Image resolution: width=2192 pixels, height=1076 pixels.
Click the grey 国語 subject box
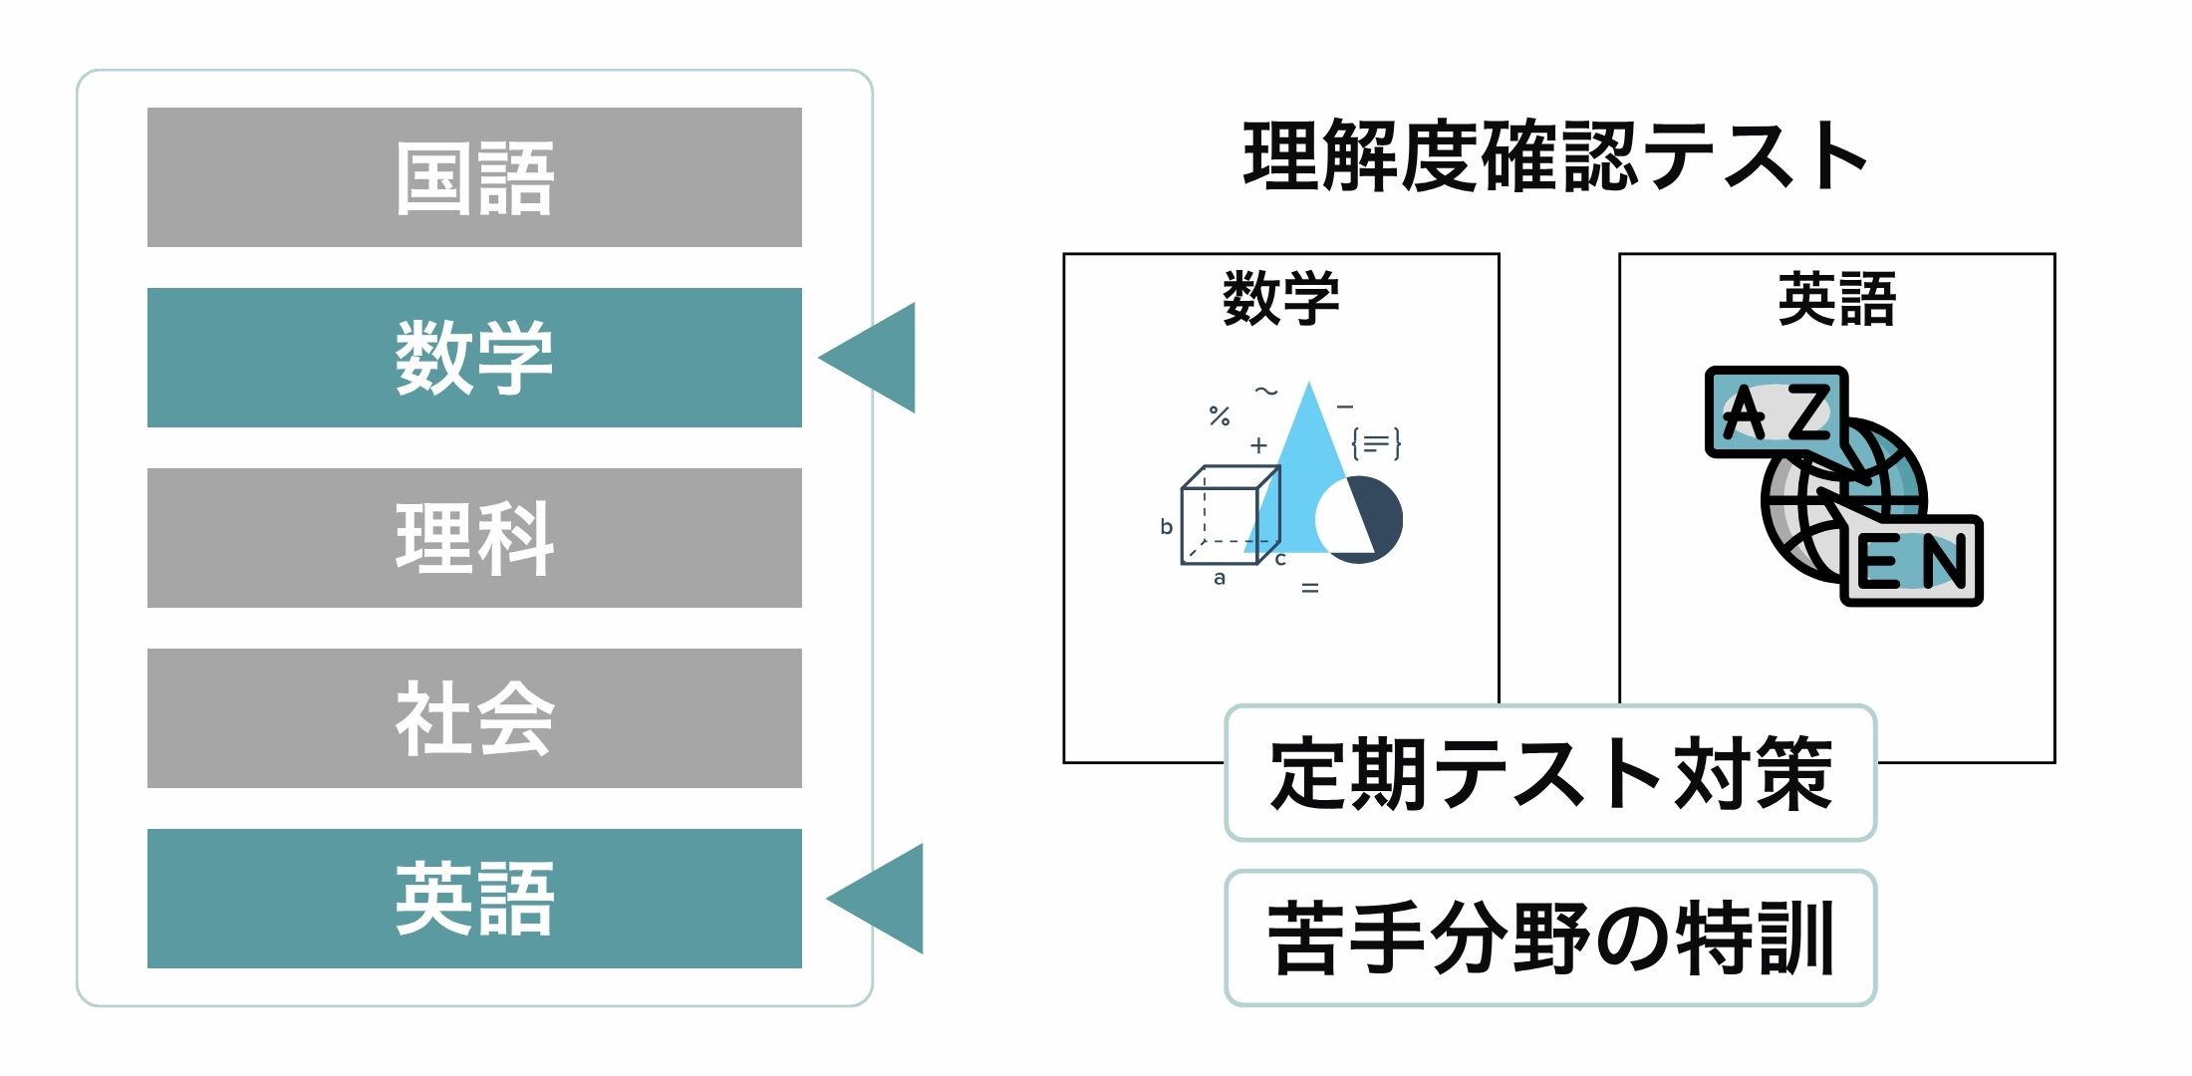[474, 177]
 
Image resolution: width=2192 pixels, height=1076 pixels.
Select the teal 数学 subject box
[474, 358]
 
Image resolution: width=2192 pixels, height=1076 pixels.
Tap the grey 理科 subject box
[474, 538]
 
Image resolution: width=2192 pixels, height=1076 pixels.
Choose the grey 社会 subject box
[474, 718]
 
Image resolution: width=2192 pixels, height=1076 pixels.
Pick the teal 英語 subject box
[474, 899]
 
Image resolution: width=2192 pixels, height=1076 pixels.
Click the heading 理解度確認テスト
[1554, 156]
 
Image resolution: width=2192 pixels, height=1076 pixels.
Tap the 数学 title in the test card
[1281, 298]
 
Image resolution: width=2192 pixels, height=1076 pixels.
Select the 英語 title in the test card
[1836, 298]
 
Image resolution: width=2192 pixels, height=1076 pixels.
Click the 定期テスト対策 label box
[1550, 773]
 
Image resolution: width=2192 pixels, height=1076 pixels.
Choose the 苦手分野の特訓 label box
[1550, 939]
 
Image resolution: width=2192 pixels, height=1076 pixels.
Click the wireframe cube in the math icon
[1228, 515]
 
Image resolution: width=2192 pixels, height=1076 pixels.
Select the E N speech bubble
[1911, 561]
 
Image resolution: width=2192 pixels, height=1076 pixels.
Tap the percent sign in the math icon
[1220, 415]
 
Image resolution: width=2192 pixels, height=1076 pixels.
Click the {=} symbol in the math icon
[1376, 443]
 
